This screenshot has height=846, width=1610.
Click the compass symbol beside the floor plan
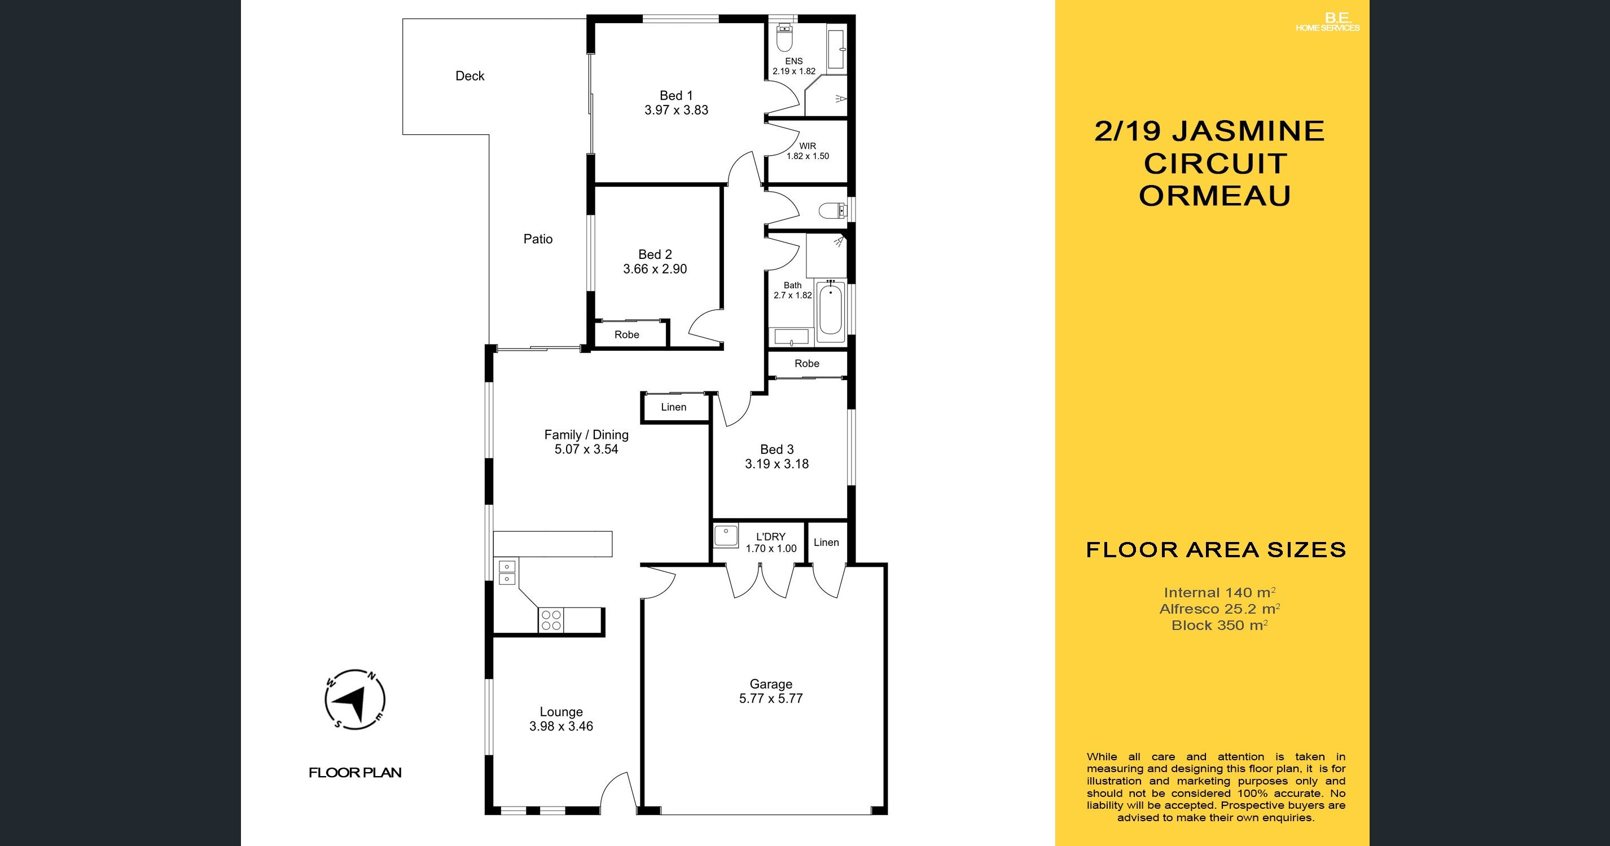tap(355, 700)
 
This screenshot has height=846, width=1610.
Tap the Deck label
tap(470, 76)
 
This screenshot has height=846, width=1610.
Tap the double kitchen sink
tap(507, 572)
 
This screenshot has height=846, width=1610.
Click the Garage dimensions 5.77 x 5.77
tap(771, 699)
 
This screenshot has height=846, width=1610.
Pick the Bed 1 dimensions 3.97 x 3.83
tap(676, 110)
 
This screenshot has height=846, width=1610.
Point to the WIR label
tap(808, 146)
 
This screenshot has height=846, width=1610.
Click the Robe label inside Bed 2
tap(627, 334)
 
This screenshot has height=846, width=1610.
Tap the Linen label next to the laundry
tap(826, 543)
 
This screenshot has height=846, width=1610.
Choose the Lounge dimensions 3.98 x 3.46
tap(561, 726)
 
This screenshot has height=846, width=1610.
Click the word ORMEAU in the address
tap(1215, 196)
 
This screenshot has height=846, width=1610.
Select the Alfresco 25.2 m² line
tap(1220, 609)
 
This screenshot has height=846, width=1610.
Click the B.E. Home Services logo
tap(1327, 23)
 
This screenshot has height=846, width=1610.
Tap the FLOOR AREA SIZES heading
tap(1216, 550)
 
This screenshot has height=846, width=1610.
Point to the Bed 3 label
tap(777, 450)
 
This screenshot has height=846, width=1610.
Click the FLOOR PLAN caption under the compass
tap(355, 772)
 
